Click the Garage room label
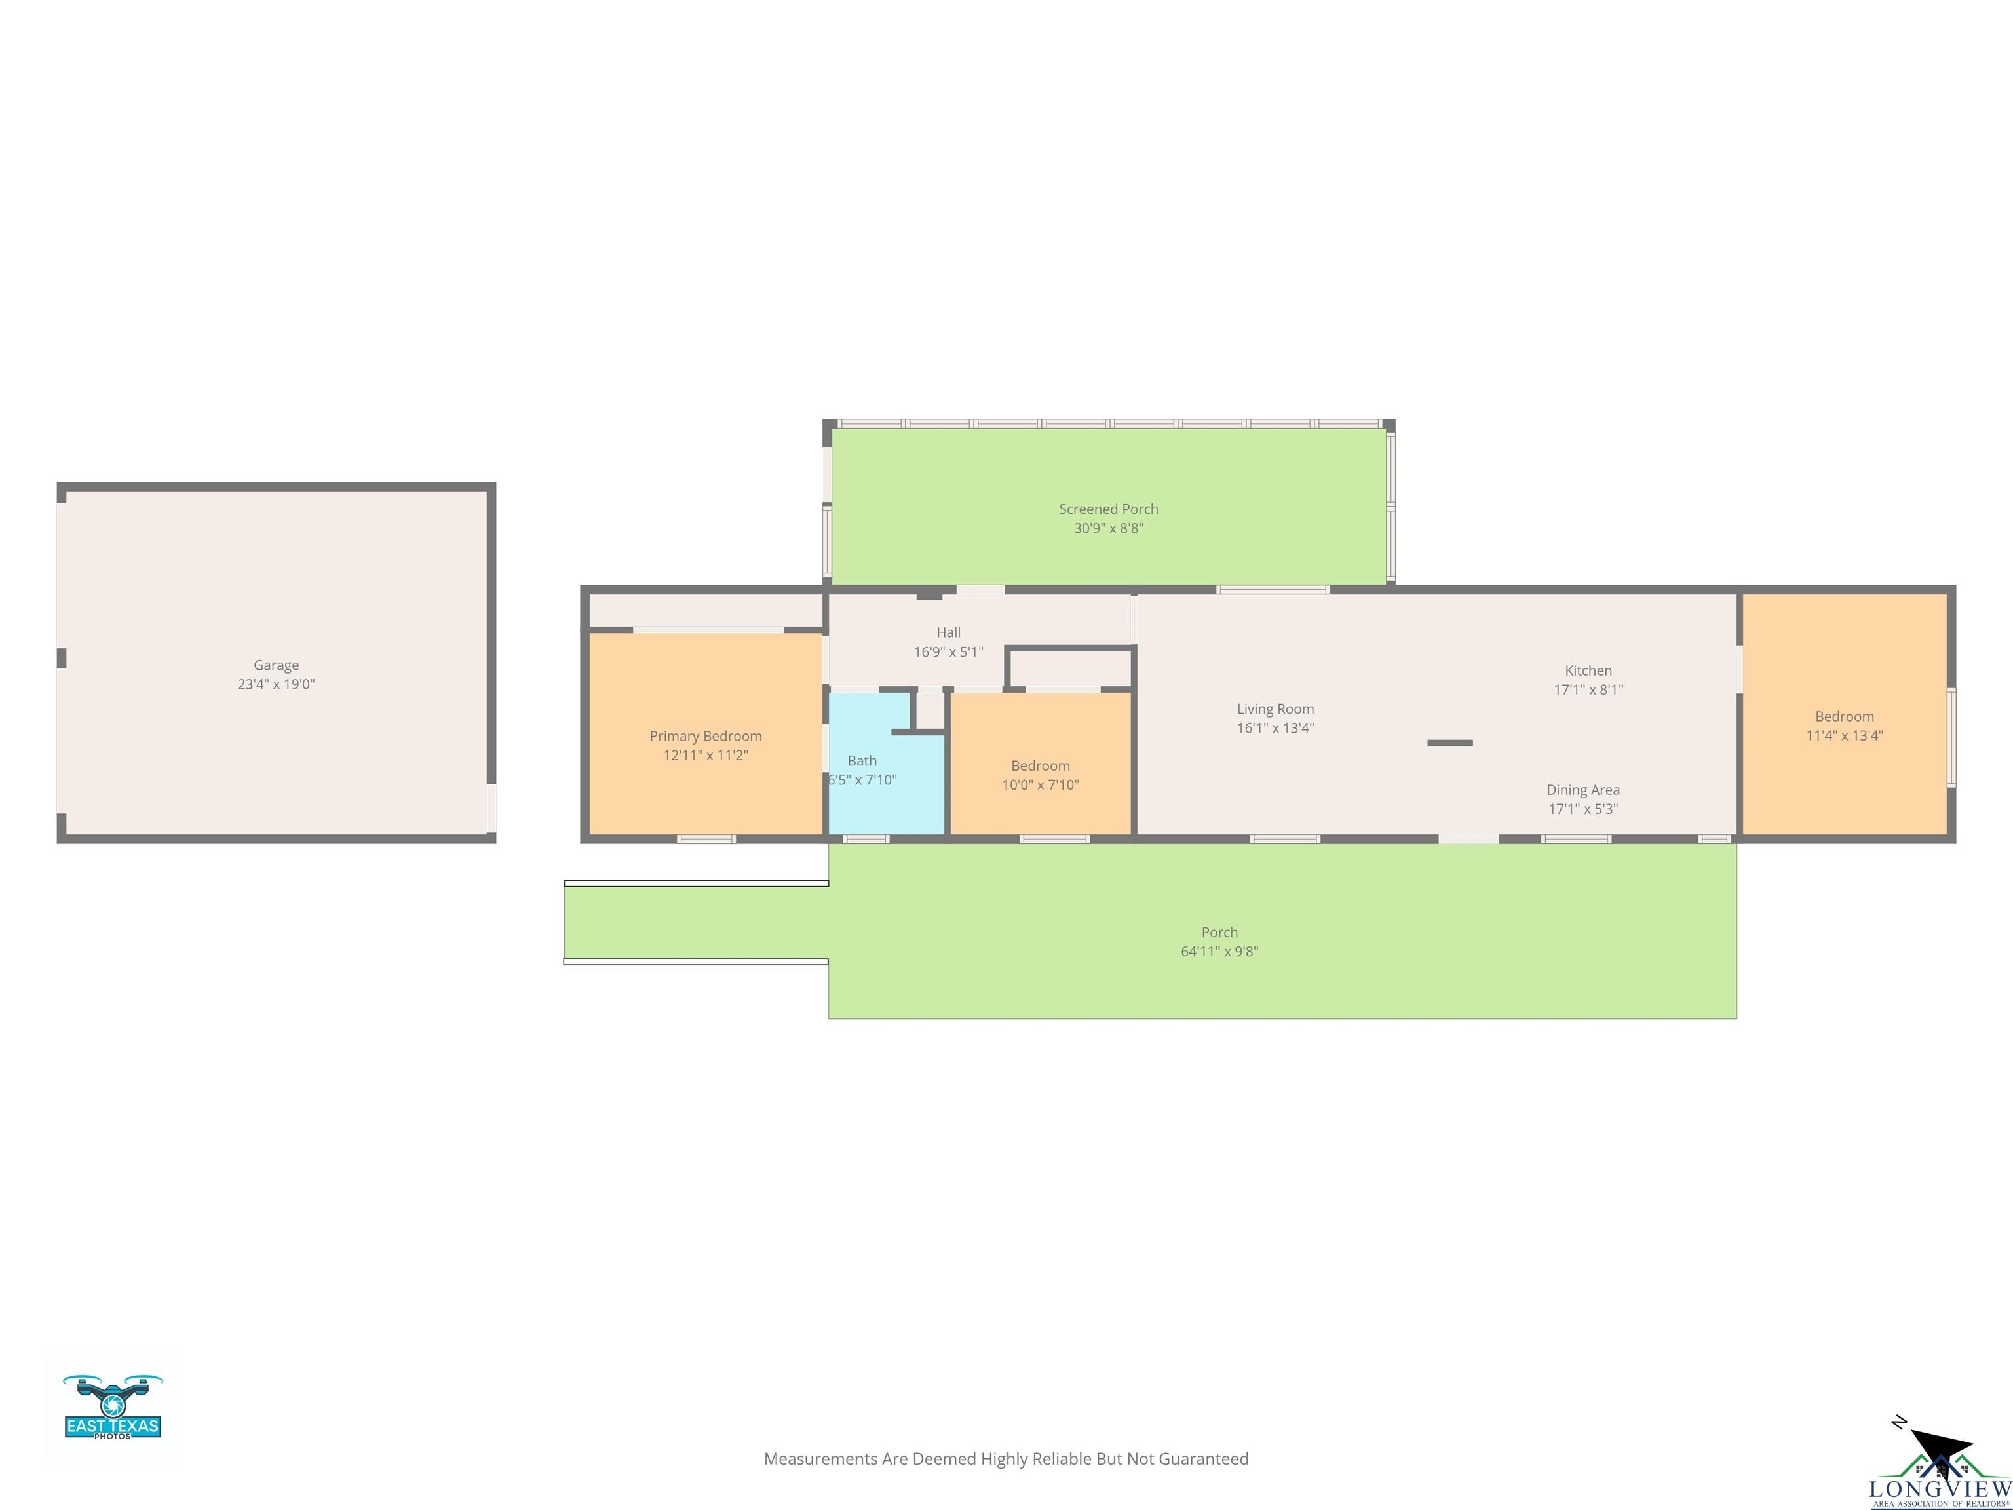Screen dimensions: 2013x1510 (x=276, y=665)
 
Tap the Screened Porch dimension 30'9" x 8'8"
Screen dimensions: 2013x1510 (x=1109, y=528)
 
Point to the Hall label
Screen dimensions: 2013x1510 (x=948, y=632)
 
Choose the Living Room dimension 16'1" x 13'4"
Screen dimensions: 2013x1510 (x=1275, y=727)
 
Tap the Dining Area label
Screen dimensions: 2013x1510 (x=1582, y=789)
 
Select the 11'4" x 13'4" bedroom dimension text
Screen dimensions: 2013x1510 (x=1844, y=735)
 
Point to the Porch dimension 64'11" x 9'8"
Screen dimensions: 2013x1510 (x=1219, y=951)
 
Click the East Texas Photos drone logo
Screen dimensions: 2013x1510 (x=113, y=1406)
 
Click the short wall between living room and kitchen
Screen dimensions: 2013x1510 (x=1449, y=743)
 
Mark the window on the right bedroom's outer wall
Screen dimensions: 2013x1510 (x=1951, y=737)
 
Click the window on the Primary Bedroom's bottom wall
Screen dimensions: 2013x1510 (x=706, y=839)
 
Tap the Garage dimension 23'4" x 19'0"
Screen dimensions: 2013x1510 (x=276, y=684)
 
